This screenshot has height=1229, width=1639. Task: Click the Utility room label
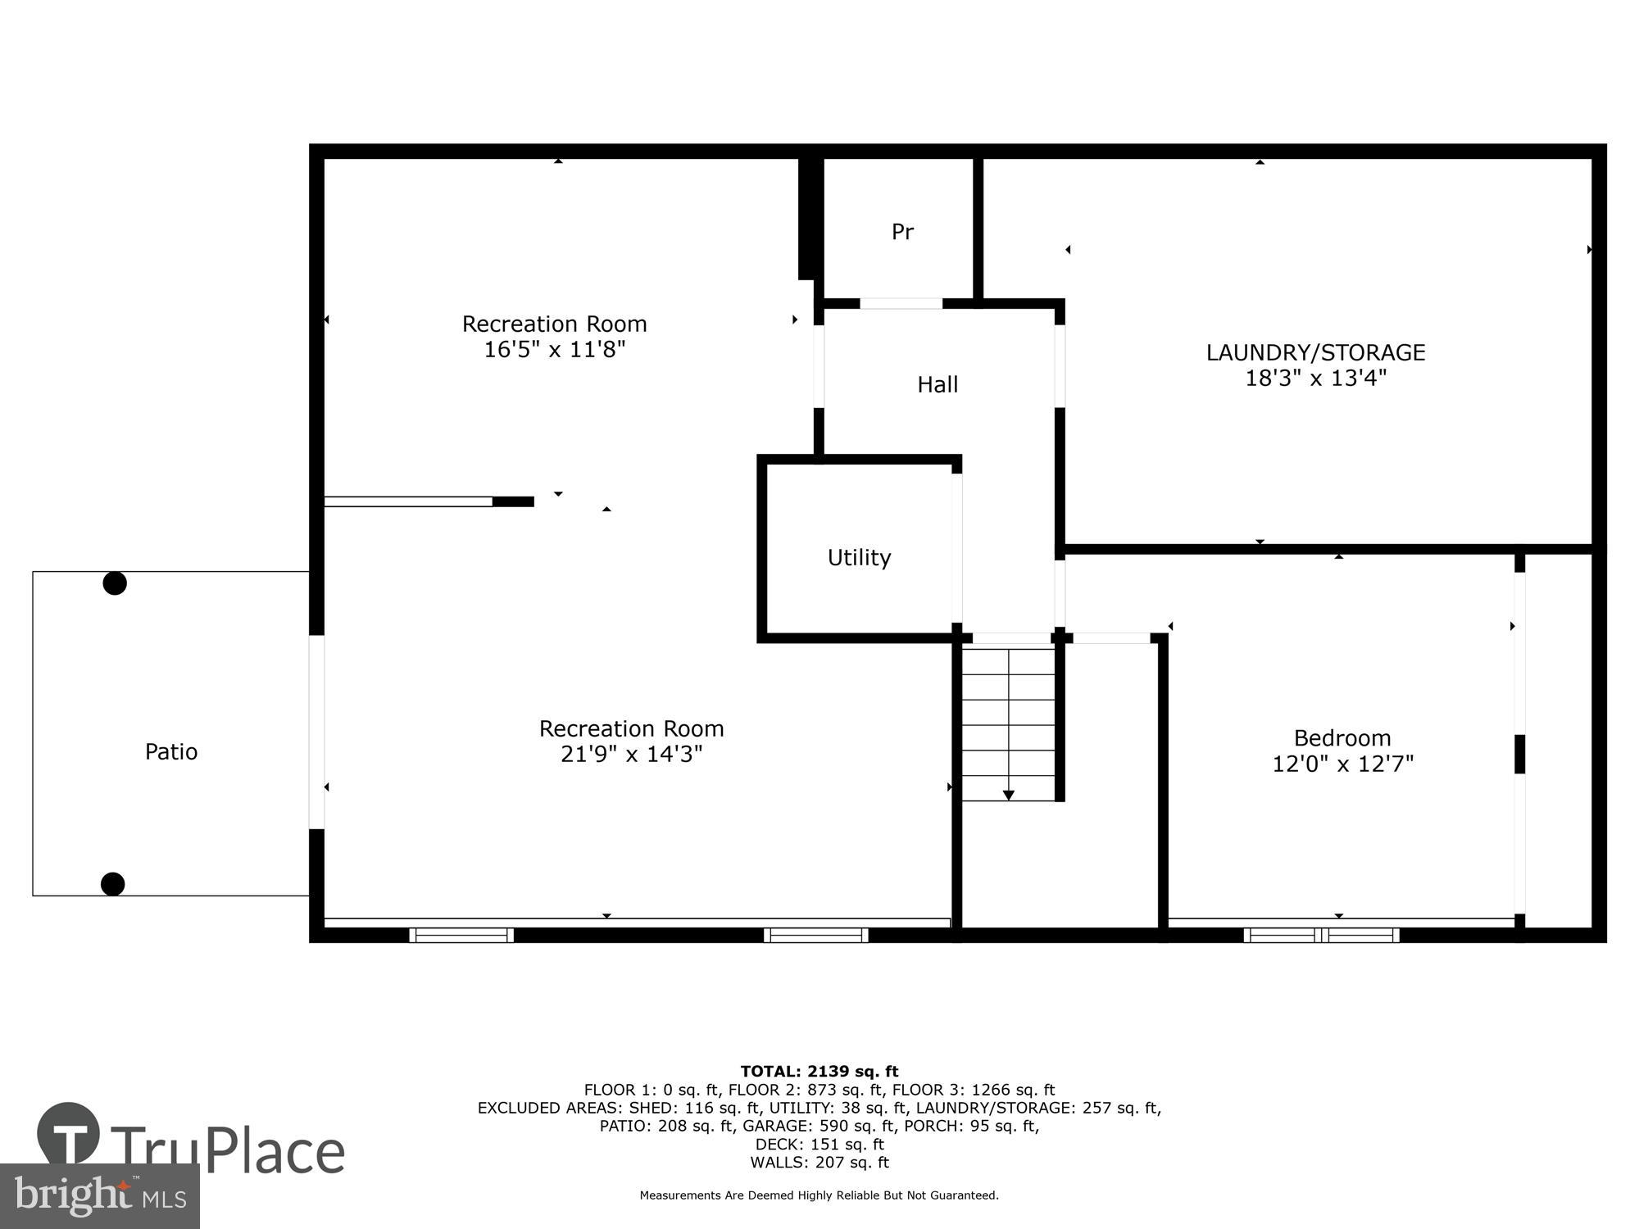pyautogui.click(x=859, y=558)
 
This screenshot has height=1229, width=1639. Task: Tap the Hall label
pyautogui.click(x=938, y=384)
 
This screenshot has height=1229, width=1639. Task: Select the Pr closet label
pyautogui.click(x=902, y=232)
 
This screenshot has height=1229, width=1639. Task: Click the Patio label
pyautogui.click(x=171, y=752)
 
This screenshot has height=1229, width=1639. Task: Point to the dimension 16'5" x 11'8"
pyautogui.click(x=554, y=350)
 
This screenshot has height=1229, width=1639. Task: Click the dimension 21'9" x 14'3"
pyautogui.click(x=631, y=755)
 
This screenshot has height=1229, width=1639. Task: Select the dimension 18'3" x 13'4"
pyautogui.click(x=1315, y=379)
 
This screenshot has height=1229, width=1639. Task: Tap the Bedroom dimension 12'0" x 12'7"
pyautogui.click(x=1342, y=764)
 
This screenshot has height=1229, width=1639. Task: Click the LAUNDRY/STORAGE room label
pyautogui.click(x=1315, y=352)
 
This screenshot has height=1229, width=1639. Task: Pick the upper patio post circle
pyautogui.click(x=115, y=583)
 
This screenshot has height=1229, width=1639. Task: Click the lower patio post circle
pyautogui.click(x=113, y=884)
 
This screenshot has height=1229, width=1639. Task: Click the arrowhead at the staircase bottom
pyautogui.click(x=1009, y=796)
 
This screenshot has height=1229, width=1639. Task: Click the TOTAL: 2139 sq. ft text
pyautogui.click(x=819, y=1071)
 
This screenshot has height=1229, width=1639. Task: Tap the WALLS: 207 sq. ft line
pyautogui.click(x=819, y=1162)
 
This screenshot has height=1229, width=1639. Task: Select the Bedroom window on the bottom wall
pyautogui.click(x=1321, y=935)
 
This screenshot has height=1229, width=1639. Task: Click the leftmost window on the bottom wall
pyautogui.click(x=461, y=935)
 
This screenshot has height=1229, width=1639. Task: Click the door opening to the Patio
pyautogui.click(x=316, y=732)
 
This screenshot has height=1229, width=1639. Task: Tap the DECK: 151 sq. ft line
pyautogui.click(x=819, y=1144)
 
